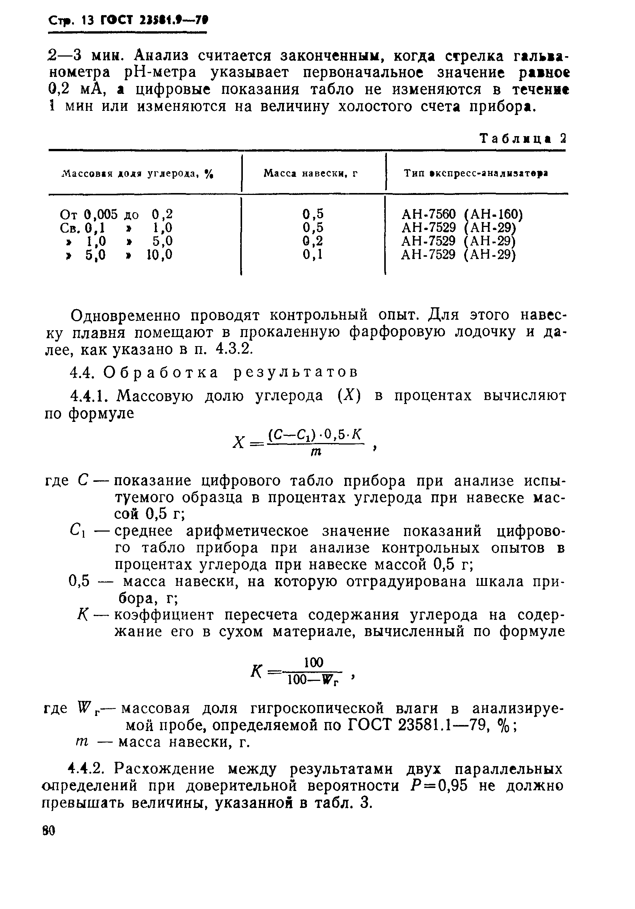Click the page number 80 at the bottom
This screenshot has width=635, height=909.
[x=49, y=830]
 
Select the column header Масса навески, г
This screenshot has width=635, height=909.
[x=310, y=173]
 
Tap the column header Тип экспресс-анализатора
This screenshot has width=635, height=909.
[x=475, y=173]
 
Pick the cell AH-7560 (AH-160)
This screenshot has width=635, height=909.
[x=462, y=214]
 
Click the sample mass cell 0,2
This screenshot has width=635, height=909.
[x=313, y=241]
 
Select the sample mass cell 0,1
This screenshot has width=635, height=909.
[x=313, y=254]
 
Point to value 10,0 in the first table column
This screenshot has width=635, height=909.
[x=160, y=254]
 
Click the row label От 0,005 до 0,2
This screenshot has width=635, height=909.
[x=116, y=214]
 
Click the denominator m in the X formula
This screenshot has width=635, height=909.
[x=315, y=452]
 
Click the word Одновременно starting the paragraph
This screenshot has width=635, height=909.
[x=126, y=316]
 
